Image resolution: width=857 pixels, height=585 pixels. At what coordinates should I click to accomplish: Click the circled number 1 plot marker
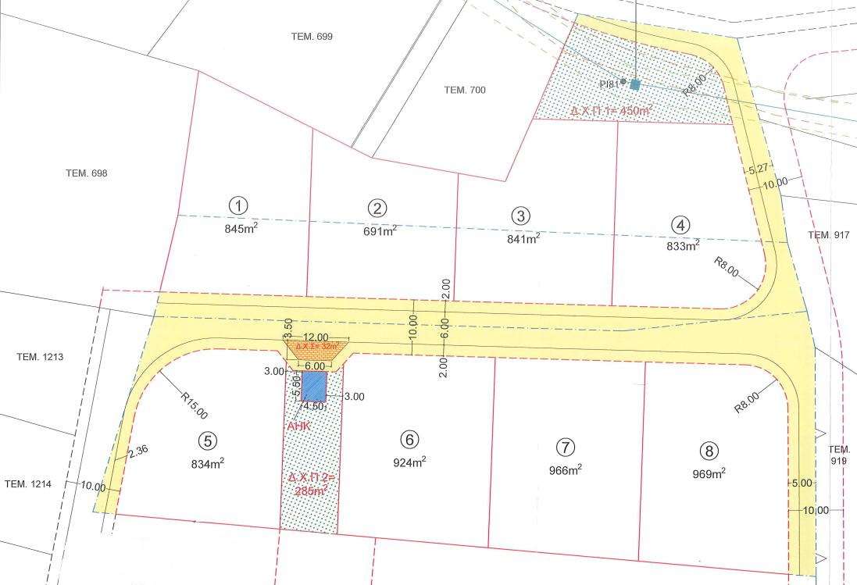(238, 205)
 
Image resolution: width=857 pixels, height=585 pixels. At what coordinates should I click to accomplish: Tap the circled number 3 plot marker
(520, 216)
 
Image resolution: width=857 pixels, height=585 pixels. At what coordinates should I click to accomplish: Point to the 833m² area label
(682, 246)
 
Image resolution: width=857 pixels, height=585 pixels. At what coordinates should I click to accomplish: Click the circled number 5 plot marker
(207, 441)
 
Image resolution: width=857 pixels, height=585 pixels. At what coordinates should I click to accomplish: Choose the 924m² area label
(409, 462)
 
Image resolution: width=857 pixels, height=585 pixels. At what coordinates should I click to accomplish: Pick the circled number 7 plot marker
(565, 448)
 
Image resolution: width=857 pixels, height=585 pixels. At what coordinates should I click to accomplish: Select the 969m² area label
(709, 473)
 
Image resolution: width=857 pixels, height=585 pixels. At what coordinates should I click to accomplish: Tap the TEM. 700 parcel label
(465, 90)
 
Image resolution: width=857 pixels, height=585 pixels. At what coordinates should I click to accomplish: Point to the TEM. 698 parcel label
(87, 173)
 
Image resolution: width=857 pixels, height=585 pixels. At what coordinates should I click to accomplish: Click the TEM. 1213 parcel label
(39, 357)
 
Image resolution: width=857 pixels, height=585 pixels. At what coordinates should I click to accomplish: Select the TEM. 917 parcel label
(829, 235)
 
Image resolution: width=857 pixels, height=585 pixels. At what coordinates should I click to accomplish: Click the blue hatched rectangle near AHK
(314, 386)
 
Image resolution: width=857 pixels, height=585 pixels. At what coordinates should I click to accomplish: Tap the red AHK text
(299, 427)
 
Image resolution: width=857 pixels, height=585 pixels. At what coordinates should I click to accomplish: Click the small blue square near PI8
(635, 84)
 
